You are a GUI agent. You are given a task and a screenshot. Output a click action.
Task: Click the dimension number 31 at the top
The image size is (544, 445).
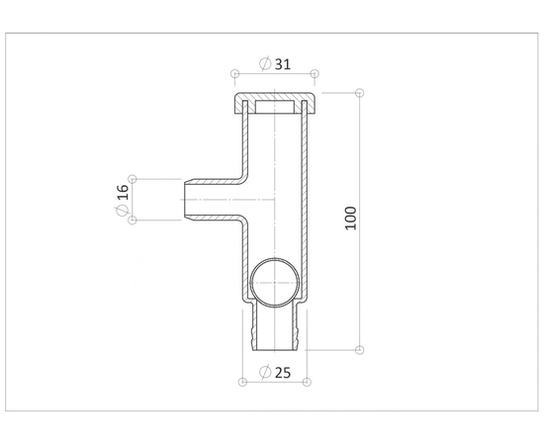283,64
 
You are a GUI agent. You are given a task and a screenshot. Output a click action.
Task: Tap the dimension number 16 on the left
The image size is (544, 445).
123,192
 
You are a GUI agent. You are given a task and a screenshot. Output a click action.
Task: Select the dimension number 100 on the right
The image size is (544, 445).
351,218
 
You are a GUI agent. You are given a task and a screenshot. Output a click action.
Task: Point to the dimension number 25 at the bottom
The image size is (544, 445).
283,373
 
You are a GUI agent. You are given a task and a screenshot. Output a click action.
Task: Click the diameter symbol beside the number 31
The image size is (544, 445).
265,64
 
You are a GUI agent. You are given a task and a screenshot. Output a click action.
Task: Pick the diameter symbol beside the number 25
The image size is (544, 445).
265,372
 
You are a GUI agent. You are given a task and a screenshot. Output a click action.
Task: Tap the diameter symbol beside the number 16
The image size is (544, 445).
123,211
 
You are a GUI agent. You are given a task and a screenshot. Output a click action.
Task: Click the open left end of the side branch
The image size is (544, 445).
184,200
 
